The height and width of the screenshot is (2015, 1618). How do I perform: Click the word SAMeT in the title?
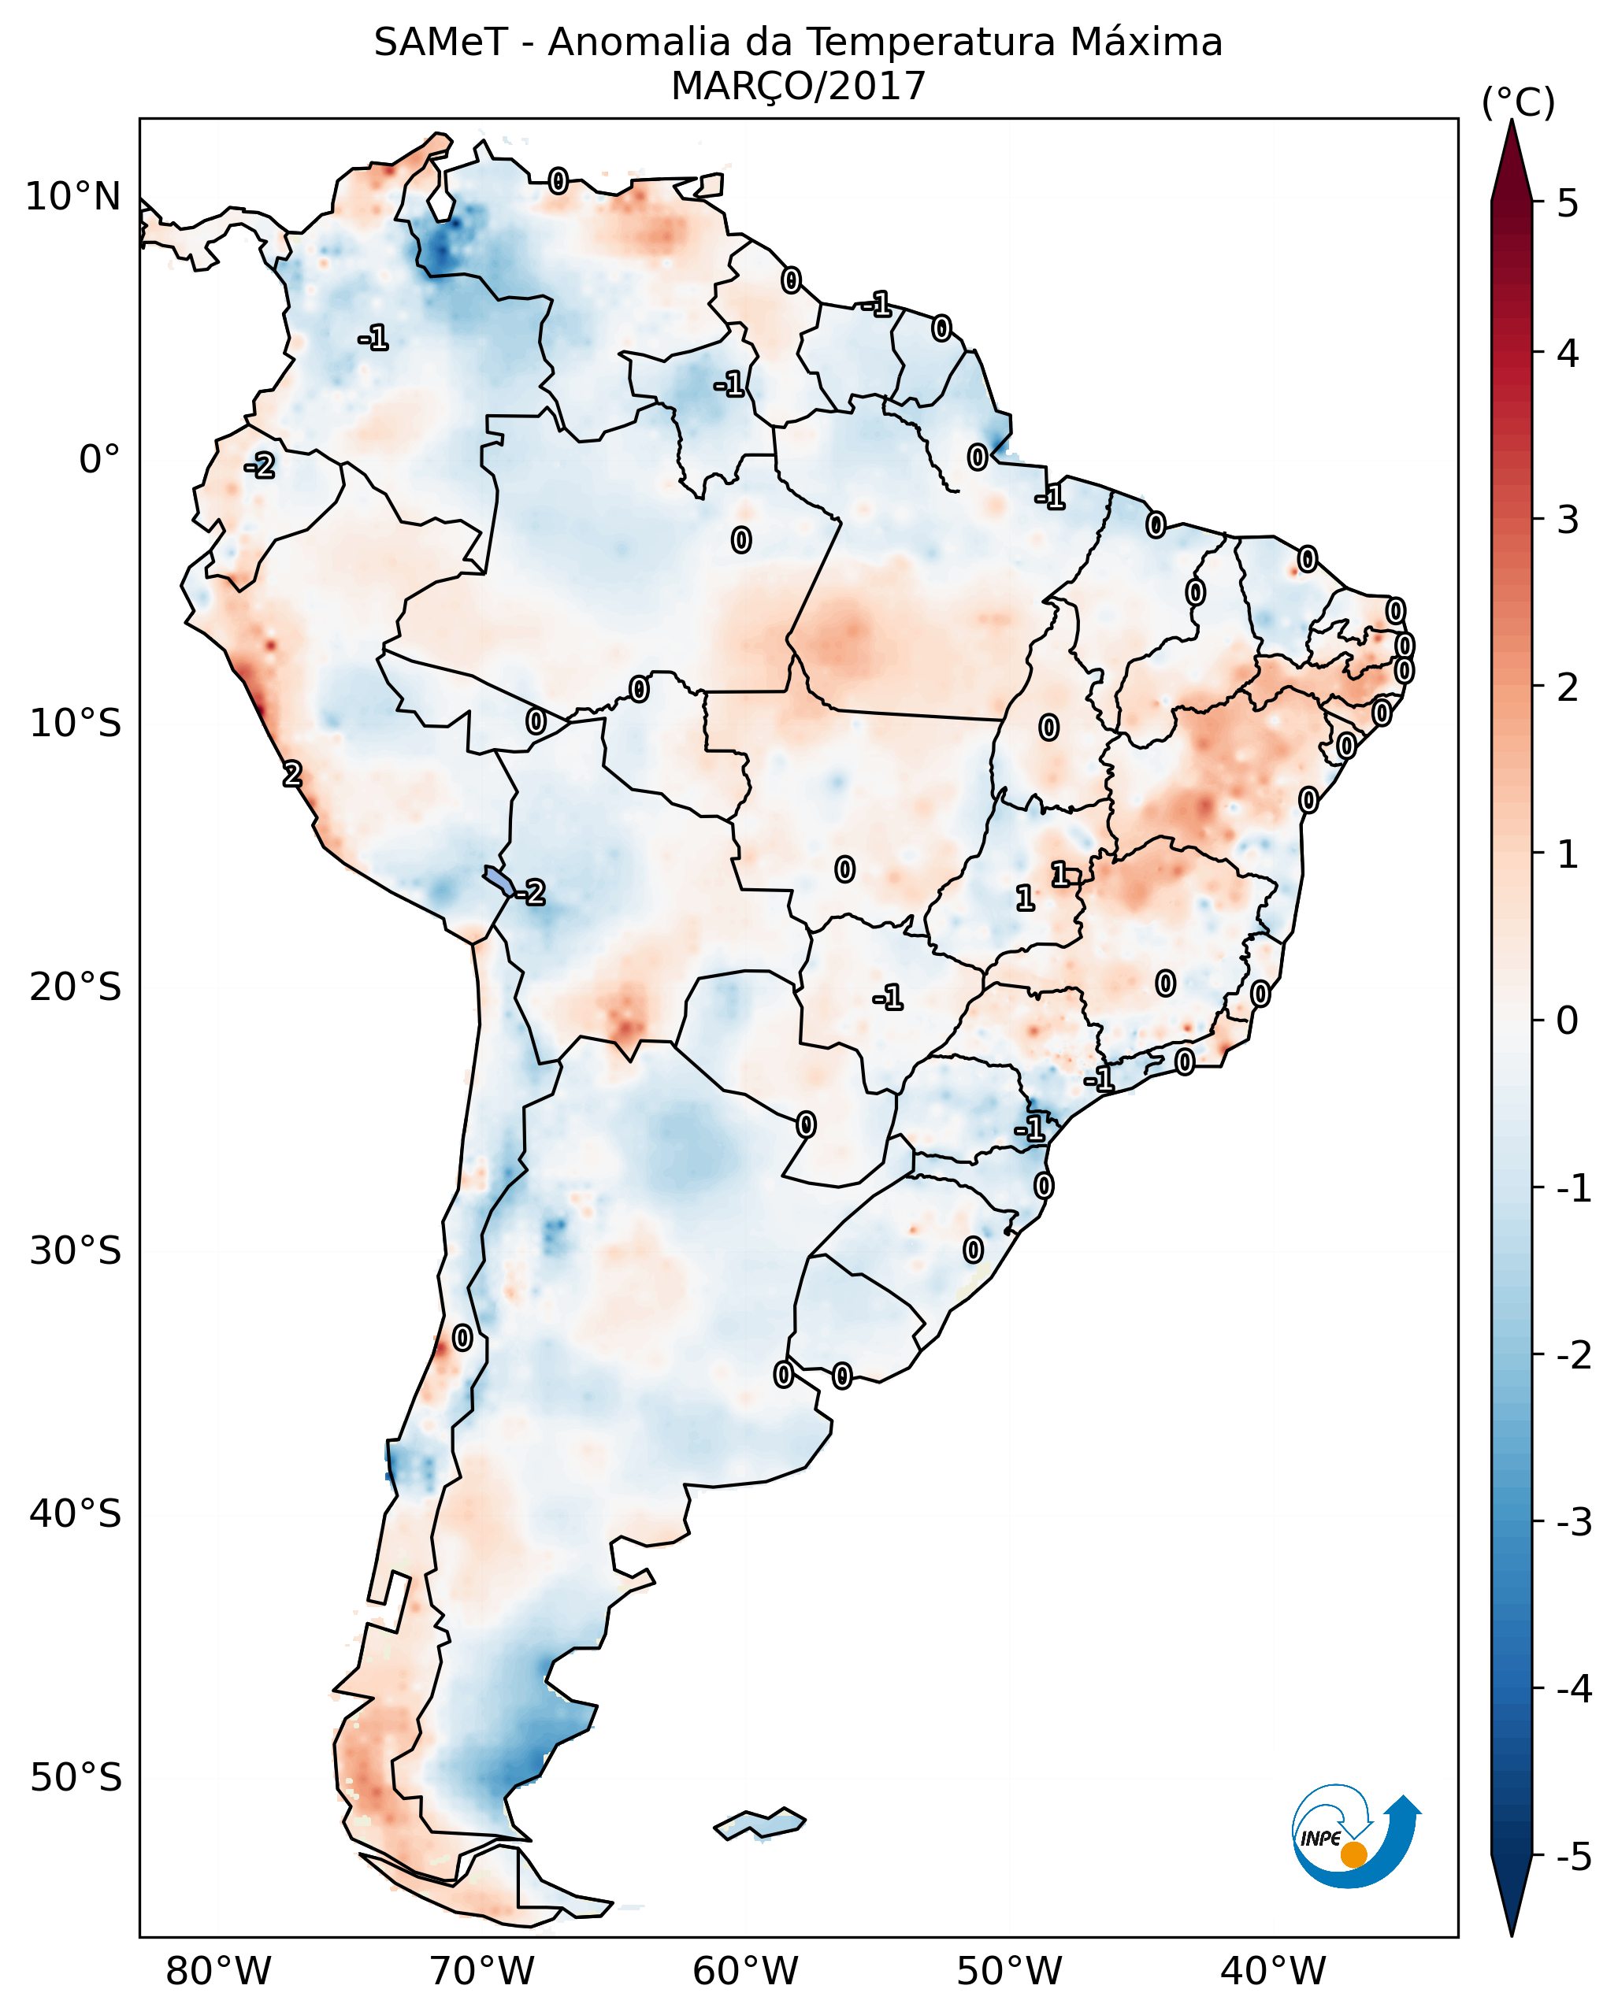click(x=441, y=43)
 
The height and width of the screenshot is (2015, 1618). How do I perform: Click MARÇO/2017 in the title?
click(x=798, y=87)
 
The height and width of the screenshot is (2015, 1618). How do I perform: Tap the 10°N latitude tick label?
click(x=73, y=197)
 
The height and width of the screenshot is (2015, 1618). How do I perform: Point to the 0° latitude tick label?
click(x=99, y=460)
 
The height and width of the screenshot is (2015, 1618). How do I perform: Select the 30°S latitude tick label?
click(x=75, y=1250)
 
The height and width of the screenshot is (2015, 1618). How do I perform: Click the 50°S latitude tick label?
click(x=75, y=1778)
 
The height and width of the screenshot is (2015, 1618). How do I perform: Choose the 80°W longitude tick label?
click(x=217, y=1971)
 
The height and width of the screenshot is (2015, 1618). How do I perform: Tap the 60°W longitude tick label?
click(x=745, y=1971)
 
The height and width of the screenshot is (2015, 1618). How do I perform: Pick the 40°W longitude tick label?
click(x=1272, y=1971)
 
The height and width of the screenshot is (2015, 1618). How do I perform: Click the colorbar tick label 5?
click(x=1568, y=204)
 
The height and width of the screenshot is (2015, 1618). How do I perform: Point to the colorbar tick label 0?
click(x=1568, y=1020)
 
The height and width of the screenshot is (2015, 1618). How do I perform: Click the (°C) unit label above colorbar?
click(x=1518, y=103)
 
